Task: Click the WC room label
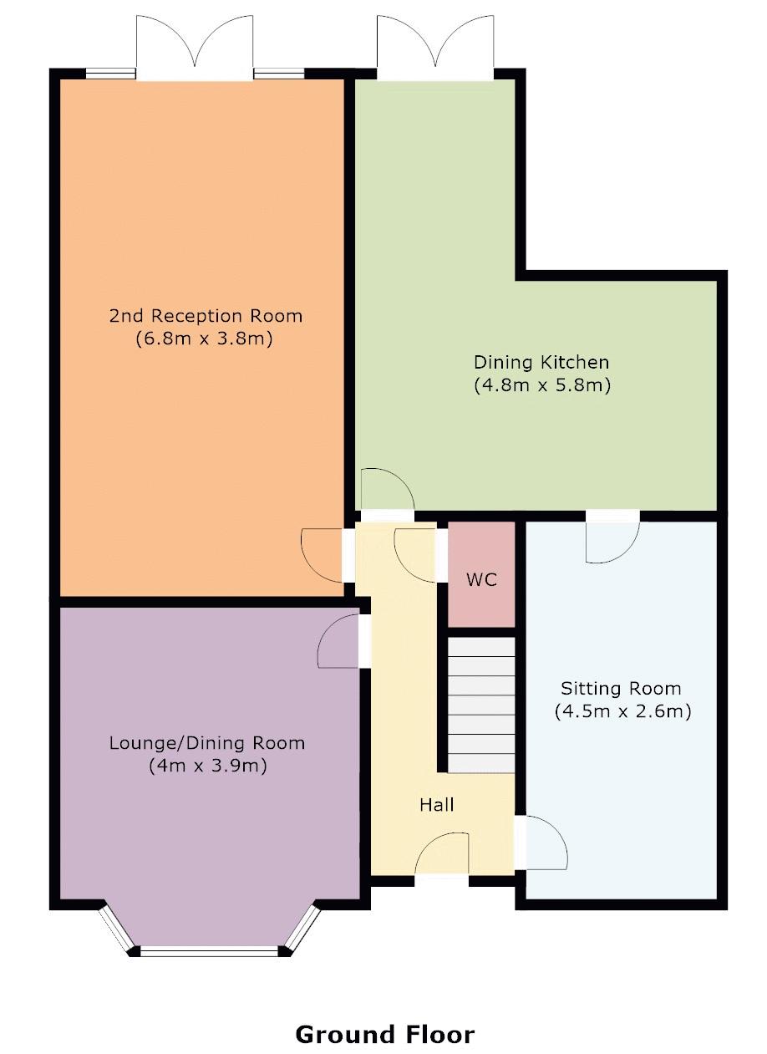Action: pyautogui.click(x=481, y=579)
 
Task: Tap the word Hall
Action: pyautogui.click(x=436, y=804)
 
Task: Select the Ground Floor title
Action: pyautogui.click(x=384, y=1034)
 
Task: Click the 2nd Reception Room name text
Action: pyautogui.click(x=206, y=316)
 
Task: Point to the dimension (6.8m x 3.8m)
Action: pyautogui.click(x=206, y=339)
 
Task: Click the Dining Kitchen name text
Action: pyautogui.click(x=541, y=362)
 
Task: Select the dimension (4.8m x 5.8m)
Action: pyautogui.click(x=541, y=385)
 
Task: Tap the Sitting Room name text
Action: pyautogui.click(x=621, y=689)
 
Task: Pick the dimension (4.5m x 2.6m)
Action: pyautogui.click(x=622, y=712)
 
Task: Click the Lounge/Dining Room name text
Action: pyautogui.click(x=207, y=742)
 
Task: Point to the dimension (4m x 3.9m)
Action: pyautogui.click(x=207, y=766)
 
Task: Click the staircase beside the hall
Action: pyautogui.click(x=481, y=705)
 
